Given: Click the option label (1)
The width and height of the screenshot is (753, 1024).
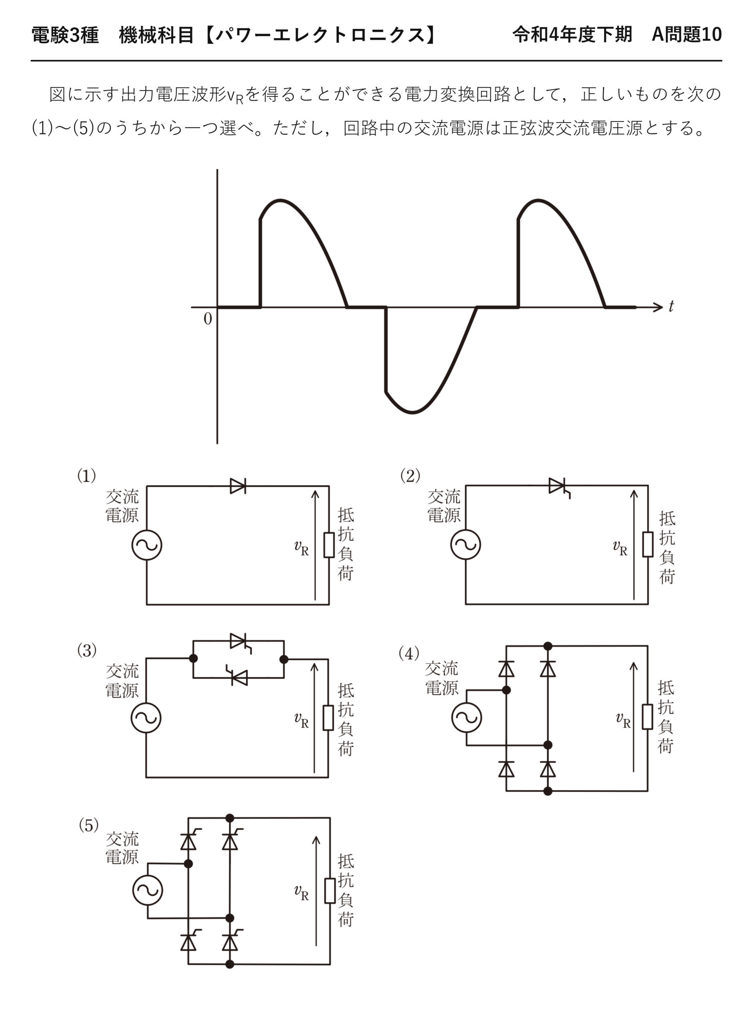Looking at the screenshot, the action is (86, 476).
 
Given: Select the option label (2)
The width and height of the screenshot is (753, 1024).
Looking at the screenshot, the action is (410, 476).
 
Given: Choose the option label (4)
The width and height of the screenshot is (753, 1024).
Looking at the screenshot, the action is (409, 654).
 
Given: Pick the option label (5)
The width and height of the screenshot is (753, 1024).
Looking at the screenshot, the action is (88, 825).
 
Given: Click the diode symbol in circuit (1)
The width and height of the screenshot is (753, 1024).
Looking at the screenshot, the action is (238, 486).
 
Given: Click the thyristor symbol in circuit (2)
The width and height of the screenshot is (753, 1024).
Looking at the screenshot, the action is (559, 487).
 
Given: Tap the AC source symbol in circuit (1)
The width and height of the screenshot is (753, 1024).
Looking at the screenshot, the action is (147, 545).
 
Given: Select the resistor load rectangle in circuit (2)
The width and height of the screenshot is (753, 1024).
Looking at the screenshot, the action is (648, 544).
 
